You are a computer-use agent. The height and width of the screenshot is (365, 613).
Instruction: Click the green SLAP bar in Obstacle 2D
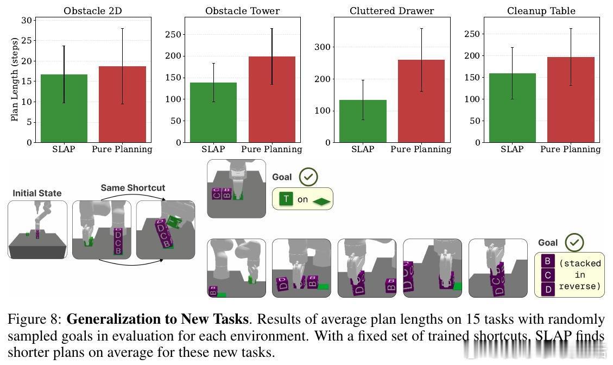64,108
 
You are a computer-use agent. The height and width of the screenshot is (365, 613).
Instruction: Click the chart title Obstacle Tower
243,11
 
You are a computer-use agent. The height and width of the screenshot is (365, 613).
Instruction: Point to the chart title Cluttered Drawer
391,11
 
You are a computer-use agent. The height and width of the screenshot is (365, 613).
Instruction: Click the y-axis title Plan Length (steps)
15,79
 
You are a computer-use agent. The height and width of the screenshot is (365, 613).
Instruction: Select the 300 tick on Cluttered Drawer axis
324,47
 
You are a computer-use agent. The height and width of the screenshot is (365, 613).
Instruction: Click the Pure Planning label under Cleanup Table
571,149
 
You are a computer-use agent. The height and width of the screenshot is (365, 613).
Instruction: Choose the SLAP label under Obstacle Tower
213,149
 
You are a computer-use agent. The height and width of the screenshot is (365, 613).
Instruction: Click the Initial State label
37,193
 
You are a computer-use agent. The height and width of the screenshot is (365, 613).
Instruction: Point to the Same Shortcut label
132,188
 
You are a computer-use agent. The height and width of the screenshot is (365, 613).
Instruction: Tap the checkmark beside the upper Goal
308,177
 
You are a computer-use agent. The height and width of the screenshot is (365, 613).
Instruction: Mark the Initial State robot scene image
37,229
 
